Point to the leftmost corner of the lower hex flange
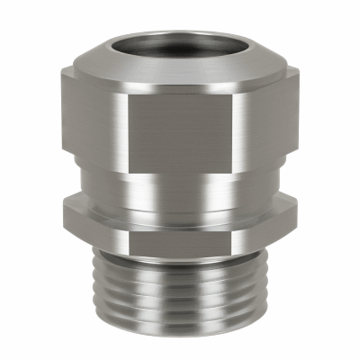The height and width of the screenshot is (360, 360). pyautogui.click(x=62, y=216)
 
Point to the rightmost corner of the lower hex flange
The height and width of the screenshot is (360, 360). pyautogui.click(x=298, y=216)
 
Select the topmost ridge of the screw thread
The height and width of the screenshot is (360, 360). pyautogui.click(x=180, y=261)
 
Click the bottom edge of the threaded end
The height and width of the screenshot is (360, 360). pyautogui.click(x=180, y=334)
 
